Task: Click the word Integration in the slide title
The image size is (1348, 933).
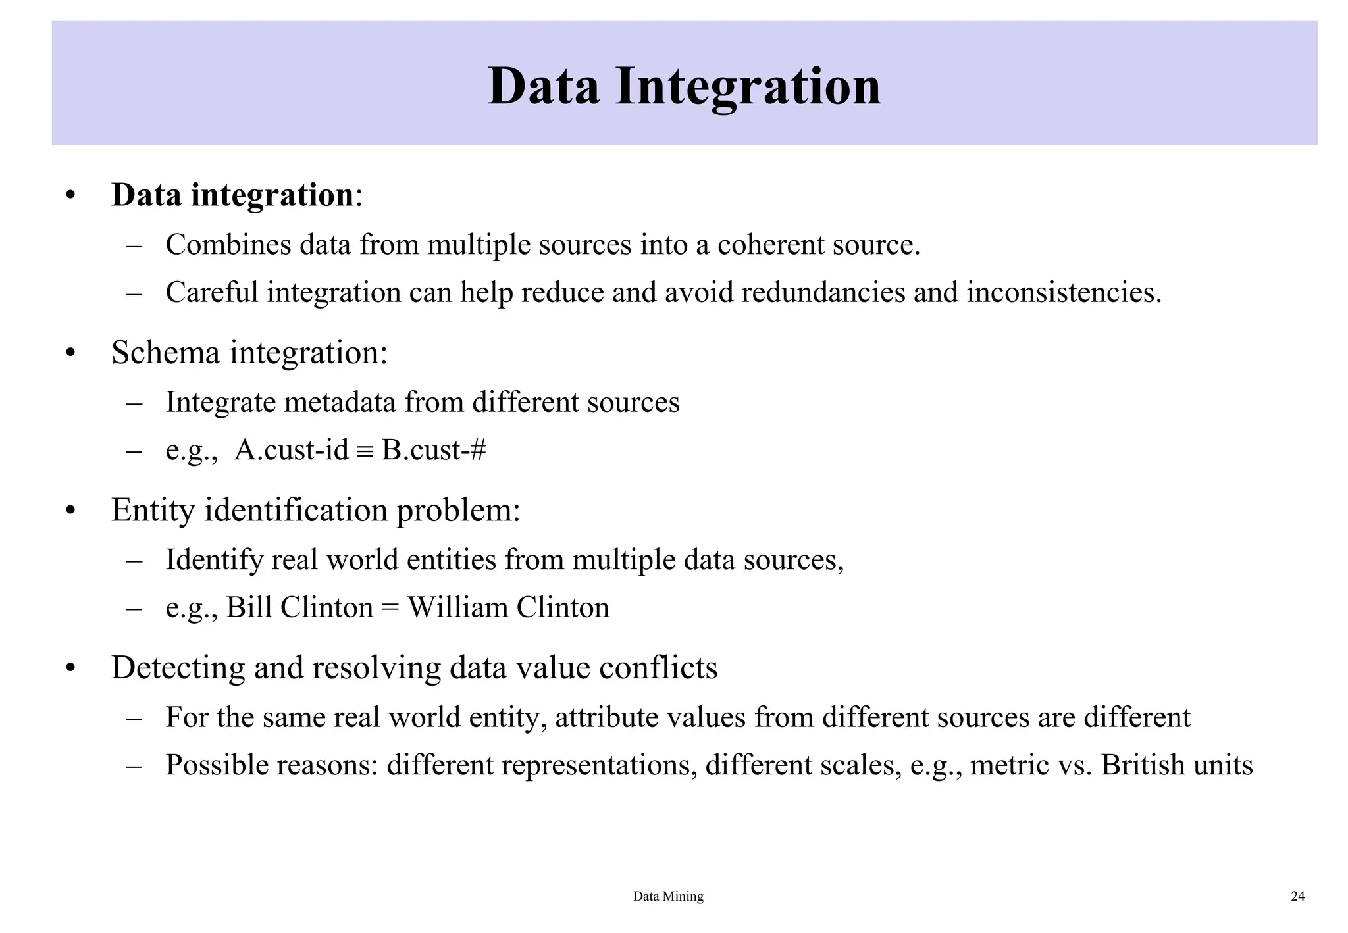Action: [x=748, y=87]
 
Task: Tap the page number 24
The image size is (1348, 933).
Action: [x=1297, y=896]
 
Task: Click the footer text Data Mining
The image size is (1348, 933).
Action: [x=668, y=896]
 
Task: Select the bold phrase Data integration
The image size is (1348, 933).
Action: [x=233, y=195]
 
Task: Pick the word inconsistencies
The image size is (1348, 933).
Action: [x=1064, y=292]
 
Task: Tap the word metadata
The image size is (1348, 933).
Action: [x=340, y=402]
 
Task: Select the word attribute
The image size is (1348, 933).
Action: [x=607, y=717]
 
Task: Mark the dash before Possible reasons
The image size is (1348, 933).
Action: [x=134, y=765]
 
